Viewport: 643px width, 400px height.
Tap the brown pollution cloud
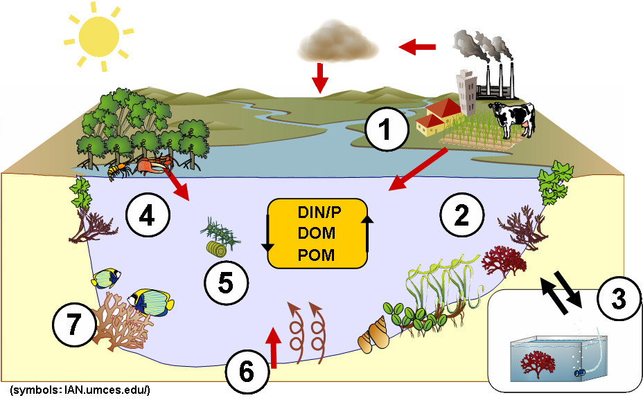pyautogui.click(x=337, y=44)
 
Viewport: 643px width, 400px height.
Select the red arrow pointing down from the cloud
pyautogui.click(x=319, y=78)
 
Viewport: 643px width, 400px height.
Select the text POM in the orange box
pyautogui.click(x=316, y=255)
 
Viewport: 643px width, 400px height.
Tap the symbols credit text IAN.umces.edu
pyautogui.click(x=80, y=390)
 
